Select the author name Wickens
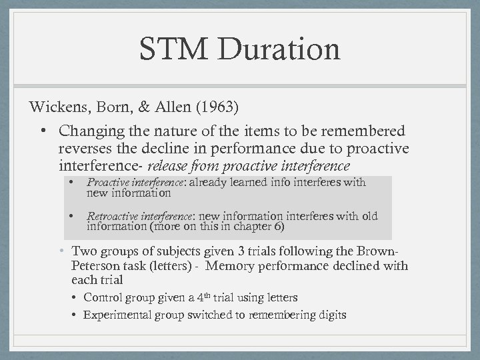[x=55, y=107]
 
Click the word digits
[x=330, y=314]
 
